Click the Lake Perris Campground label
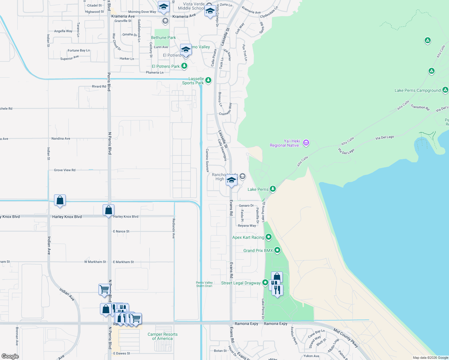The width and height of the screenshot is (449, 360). pyautogui.click(x=417, y=90)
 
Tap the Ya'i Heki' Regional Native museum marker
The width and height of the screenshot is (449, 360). pyautogui.click(x=306, y=143)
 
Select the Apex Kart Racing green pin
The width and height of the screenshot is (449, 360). pyautogui.click(x=269, y=237)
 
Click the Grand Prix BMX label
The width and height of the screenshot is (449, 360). pyautogui.click(x=258, y=250)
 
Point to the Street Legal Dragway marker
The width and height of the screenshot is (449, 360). pyautogui.click(x=265, y=283)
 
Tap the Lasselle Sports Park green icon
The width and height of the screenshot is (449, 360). pyautogui.click(x=208, y=80)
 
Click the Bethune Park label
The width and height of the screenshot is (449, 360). pyautogui.click(x=163, y=37)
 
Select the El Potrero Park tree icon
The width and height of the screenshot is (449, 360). pyautogui.click(x=184, y=66)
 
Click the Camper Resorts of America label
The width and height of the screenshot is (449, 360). pyautogui.click(x=162, y=336)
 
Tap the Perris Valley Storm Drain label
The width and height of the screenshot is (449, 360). pyautogui.click(x=204, y=284)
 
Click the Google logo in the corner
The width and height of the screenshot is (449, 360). pyautogui.click(x=10, y=356)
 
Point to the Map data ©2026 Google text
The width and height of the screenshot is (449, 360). pyautogui.click(x=430, y=358)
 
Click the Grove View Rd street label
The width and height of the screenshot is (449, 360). pyautogui.click(x=65, y=170)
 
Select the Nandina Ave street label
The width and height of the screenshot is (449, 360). pyautogui.click(x=61, y=139)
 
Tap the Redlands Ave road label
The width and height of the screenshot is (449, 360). pyautogui.click(x=173, y=229)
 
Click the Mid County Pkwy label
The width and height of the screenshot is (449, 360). pyautogui.click(x=346, y=338)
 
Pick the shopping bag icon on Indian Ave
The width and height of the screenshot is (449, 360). pyautogui.click(x=60, y=200)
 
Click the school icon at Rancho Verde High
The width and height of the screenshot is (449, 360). pyautogui.click(x=231, y=181)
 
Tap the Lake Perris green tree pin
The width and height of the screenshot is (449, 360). pyautogui.click(x=273, y=189)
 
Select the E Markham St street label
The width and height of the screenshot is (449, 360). pyautogui.click(x=123, y=262)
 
